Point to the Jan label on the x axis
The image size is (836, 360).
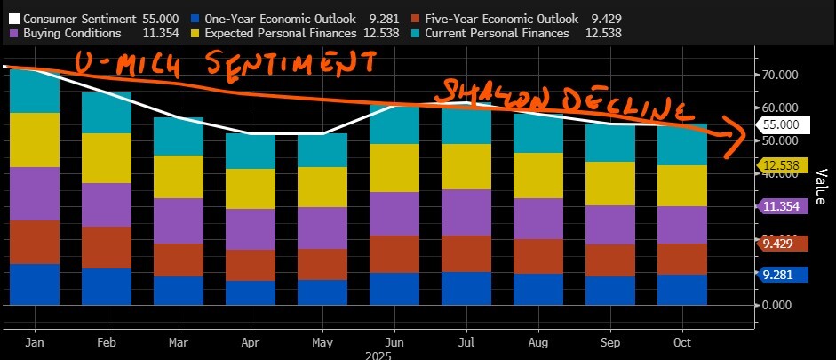point(36,341)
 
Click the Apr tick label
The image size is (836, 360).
point(251,341)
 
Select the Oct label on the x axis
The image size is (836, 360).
point(683,341)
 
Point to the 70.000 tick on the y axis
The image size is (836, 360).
point(782,76)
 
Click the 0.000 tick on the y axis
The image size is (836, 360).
point(782,305)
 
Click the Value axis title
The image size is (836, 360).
point(822,188)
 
